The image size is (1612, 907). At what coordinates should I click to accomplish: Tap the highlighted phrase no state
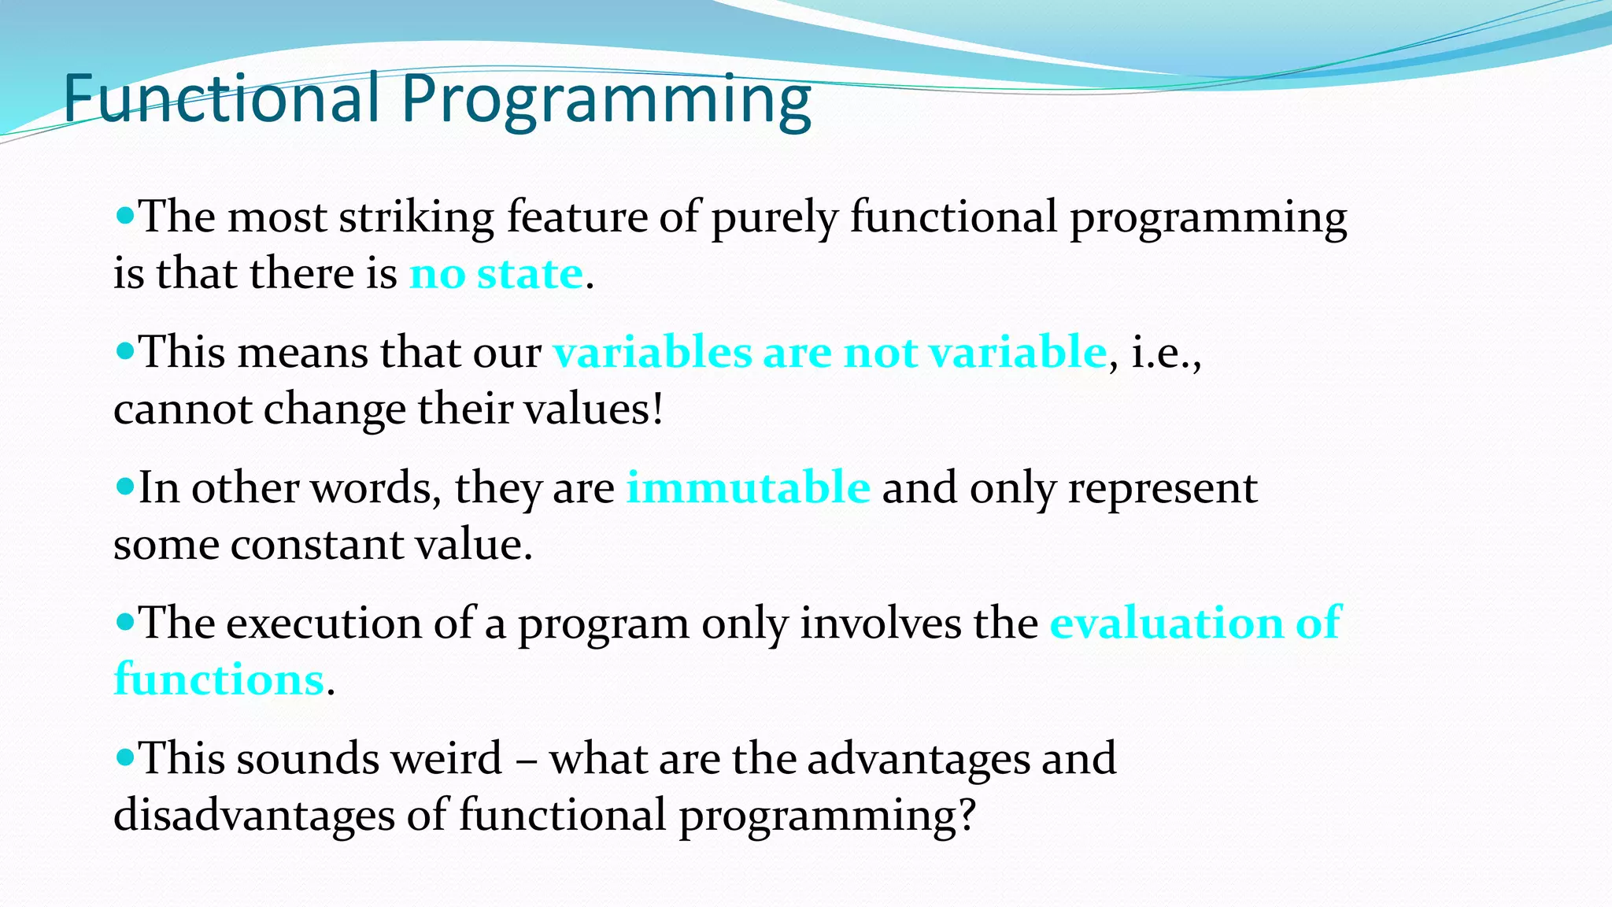pos(496,274)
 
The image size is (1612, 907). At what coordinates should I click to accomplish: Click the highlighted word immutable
pos(748,487)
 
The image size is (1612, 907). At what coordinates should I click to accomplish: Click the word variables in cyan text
pos(653,351)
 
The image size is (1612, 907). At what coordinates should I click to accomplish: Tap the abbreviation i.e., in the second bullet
pos(1166,353)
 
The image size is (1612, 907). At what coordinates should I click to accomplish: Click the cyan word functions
pos(219,679)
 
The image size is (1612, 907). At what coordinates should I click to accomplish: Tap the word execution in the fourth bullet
pos(324,623)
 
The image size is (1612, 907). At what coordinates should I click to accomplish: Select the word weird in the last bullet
pos(446,758)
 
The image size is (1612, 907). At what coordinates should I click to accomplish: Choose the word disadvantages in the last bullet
pos(253,815)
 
